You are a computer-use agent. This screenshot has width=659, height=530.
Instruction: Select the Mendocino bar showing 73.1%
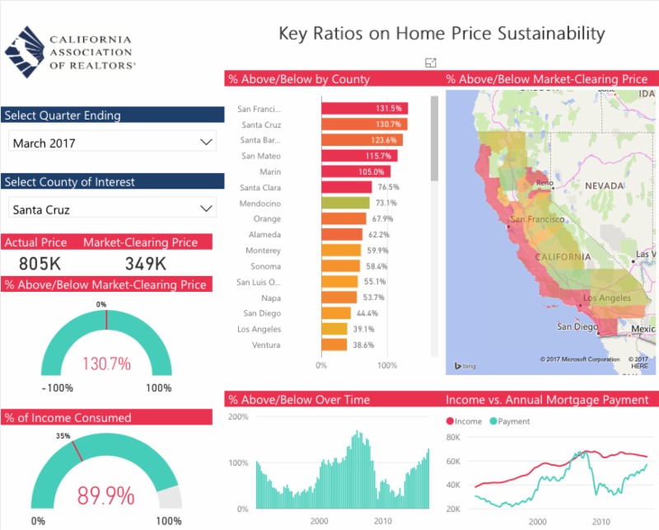tap(346, 203)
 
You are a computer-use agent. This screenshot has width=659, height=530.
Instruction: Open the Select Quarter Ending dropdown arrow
tap(206, 143)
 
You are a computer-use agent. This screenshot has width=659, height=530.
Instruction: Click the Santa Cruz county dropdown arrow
tap(206, 209)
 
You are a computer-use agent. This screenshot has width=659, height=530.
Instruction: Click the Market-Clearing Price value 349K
tap(146, 264)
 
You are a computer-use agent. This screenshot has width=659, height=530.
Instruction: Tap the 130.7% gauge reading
tap(105, 363)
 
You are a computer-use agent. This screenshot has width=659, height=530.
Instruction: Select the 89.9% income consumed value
tap(105, 495)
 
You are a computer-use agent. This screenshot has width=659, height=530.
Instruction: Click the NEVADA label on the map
tap(605, 187)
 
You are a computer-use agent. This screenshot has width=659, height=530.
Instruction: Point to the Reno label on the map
tap(544, 184)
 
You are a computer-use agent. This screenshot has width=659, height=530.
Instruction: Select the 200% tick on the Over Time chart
tap(238, 417)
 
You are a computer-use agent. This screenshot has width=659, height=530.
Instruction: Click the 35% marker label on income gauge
tap(63, 436)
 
